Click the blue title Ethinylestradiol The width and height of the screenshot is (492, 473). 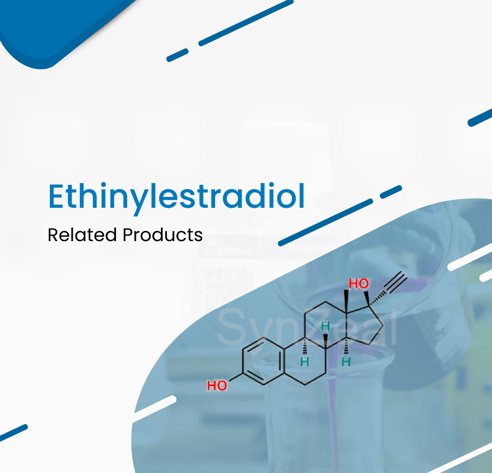click(176, 197)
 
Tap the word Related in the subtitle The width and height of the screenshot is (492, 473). click(82, 235)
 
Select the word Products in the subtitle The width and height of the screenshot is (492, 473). click(163, 235)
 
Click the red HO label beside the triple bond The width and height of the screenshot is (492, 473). click(358, 284)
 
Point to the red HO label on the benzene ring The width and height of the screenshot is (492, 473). click(217, 386)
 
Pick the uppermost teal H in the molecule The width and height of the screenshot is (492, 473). click(326, 326)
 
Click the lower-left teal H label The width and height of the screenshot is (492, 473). click(305, 362)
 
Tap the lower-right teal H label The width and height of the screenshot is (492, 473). click(346, 362)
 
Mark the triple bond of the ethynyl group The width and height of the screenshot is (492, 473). click(397, 282)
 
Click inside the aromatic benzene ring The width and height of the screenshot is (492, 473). click(264, 361)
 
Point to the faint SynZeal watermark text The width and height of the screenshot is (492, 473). click(307, 326)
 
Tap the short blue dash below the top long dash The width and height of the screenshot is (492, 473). click(177, 55)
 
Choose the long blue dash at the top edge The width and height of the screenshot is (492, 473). click(246, 23)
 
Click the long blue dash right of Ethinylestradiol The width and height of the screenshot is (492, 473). click(326, 223)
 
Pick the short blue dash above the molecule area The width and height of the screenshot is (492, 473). click(391, 192)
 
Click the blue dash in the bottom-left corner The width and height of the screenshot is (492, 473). click(13, 433)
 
